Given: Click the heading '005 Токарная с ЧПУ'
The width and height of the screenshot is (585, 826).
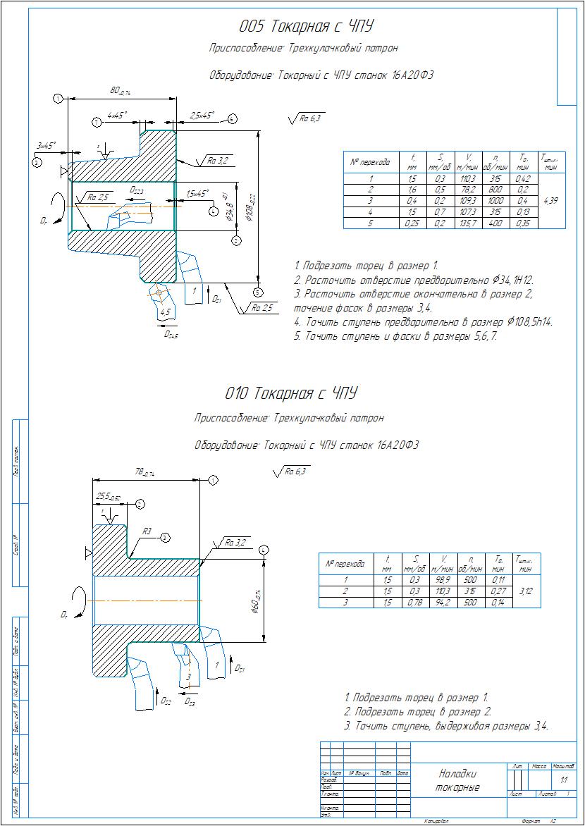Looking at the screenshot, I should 306,27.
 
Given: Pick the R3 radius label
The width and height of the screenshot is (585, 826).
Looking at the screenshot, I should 147,531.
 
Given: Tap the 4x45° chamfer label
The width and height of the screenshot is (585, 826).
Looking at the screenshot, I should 116,113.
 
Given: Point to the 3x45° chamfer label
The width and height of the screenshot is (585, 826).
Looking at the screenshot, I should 47,145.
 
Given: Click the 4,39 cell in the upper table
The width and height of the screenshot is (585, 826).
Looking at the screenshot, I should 551,201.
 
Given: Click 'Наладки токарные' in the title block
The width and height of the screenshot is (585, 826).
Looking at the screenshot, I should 457,780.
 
